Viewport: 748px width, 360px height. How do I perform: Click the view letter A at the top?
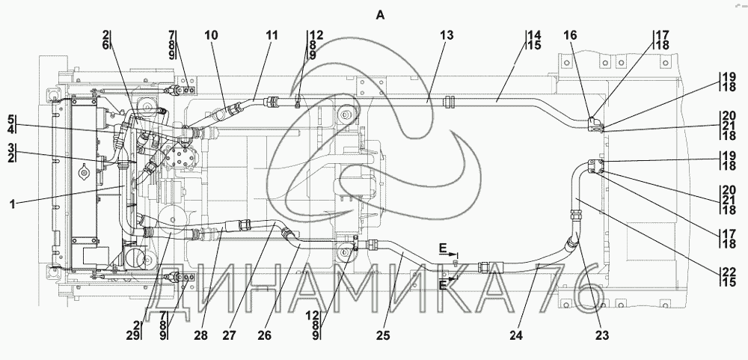click(380, 15)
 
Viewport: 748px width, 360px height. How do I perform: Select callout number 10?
click(212, 35)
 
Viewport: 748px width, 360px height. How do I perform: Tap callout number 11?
click(272, 35)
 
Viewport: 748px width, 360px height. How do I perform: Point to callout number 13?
click(447, 35)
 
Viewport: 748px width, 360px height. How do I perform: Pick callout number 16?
click(570, 35)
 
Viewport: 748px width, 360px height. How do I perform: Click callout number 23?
click(602, 335)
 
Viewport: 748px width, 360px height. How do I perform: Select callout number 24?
click(515, 335)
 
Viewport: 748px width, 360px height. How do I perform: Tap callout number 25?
click(383, 335)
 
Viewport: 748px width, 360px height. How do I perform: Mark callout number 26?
click(264, 335)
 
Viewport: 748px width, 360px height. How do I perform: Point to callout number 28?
click(200, 335)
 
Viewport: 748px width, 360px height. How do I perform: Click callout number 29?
click(135, 335)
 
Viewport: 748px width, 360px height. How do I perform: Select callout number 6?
click(105, 46)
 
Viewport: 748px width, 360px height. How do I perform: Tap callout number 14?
click(535, 35)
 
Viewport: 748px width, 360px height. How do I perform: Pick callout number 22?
click(729, 271)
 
